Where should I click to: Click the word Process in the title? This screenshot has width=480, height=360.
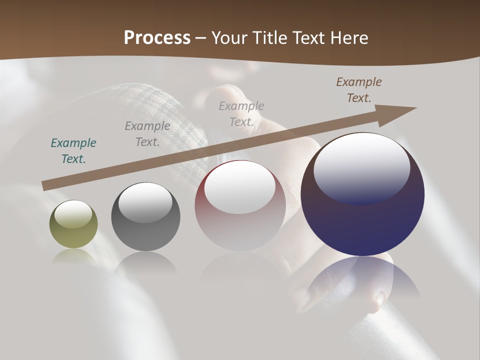(x=157, y=38)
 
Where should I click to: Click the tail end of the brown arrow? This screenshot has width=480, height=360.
(x=45, y=186)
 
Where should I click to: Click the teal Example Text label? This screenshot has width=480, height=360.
(x=73, y=151)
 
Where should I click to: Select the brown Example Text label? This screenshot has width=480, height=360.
(x=359, y=90)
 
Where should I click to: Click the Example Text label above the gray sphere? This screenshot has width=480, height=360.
(x=147, y=134)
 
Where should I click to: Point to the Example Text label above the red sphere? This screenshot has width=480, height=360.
(x=241, y=114)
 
